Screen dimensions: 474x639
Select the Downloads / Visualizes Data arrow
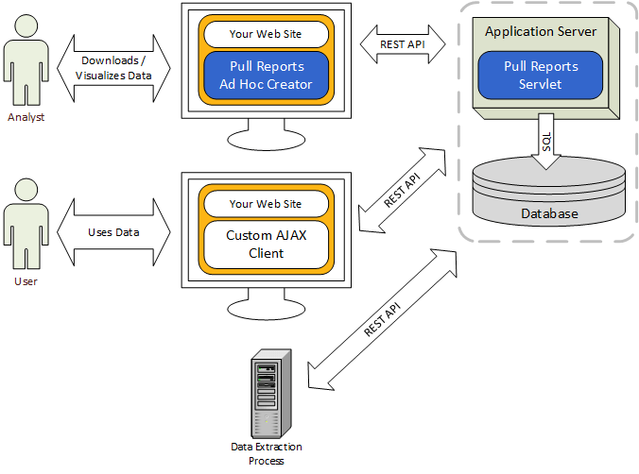click(114, 67)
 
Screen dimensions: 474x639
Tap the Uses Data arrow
click(114, 232)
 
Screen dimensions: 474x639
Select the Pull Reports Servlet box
click(541, 76)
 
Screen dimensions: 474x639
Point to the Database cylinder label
click(549, 213)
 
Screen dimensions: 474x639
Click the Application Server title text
click(541, 32)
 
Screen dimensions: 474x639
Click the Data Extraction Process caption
click(267, 453)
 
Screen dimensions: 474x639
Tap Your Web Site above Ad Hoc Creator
click(266, 34)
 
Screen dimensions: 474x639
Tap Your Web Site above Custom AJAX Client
click(266, 203)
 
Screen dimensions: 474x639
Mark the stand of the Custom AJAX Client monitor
click(266, 304)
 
